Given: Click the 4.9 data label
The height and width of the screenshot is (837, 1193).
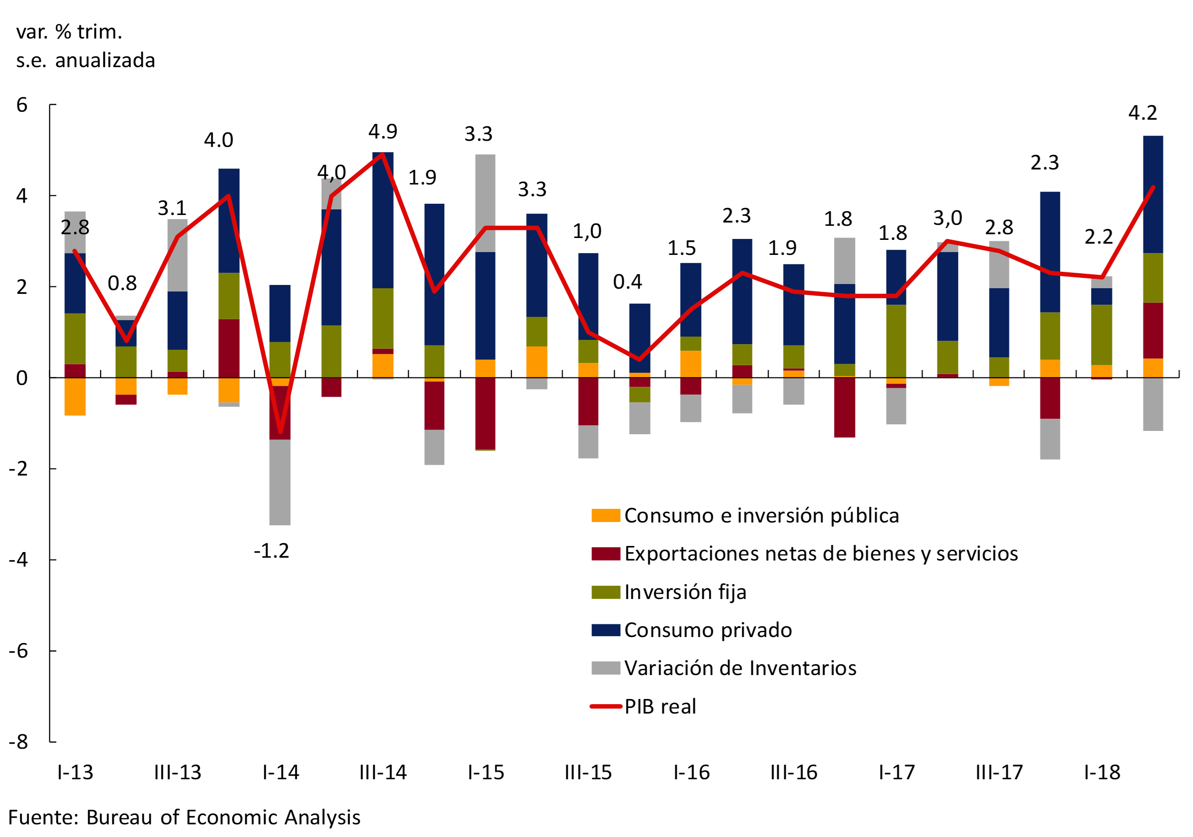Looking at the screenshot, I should (x=382, y=131).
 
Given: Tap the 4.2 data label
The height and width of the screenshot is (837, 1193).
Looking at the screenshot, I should (x=1143, y=113).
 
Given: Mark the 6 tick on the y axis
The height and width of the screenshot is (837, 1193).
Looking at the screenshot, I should (x=22, y=105).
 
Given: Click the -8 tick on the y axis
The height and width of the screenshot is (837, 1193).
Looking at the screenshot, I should (x=19, y=741).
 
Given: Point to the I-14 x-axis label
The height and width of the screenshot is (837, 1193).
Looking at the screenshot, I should (x=280, y=773).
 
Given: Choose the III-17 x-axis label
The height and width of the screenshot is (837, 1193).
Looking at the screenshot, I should (x=999, y=773).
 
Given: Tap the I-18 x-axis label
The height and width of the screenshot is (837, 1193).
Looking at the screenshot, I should (x=1101, y=773).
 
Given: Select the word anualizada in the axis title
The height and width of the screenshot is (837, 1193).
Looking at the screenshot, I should (x=105, y=61).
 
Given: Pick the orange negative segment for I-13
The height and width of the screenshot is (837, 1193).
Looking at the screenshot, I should (x=75, y=396).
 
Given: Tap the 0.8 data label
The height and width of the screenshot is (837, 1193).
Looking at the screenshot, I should (x=122, y=283).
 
